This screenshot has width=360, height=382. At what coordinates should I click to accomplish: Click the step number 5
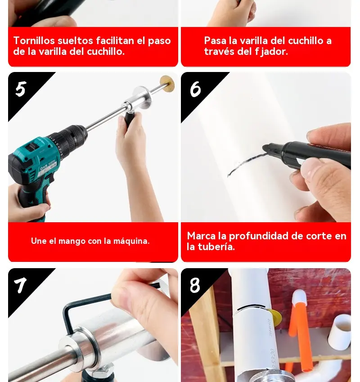(21, 89)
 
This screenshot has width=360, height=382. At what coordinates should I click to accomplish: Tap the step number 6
(195, 89)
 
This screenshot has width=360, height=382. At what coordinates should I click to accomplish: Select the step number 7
(20, 285)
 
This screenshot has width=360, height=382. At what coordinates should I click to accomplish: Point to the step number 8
(195, 285)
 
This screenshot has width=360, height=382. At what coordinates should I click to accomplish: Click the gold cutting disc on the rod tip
(167, 84)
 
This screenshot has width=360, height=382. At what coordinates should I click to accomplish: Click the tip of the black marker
(264, 148)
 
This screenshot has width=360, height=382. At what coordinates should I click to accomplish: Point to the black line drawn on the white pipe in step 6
(245, 163)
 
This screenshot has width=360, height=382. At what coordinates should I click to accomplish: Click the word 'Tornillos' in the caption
(34, 40)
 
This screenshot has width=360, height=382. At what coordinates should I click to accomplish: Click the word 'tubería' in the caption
(216, 247)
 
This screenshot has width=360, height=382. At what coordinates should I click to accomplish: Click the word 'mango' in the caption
(72, 242)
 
